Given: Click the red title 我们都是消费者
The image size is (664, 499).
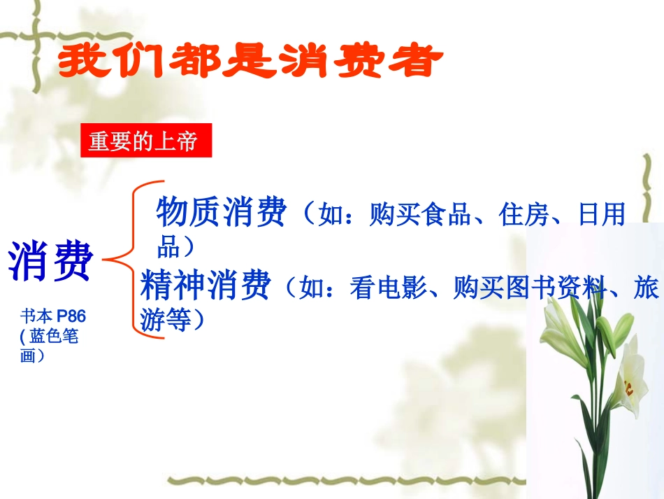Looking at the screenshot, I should point(251,63).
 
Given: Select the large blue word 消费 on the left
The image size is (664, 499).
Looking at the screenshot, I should point(51,261).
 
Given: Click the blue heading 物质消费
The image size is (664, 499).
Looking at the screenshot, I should point(222,212).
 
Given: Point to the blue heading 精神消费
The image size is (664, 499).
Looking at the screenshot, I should point(205,286).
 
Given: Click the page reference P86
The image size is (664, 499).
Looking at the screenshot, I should point(71,318).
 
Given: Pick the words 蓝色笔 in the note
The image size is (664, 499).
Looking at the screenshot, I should point(55,337).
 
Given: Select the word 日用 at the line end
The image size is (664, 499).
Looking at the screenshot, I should point(602,215).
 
